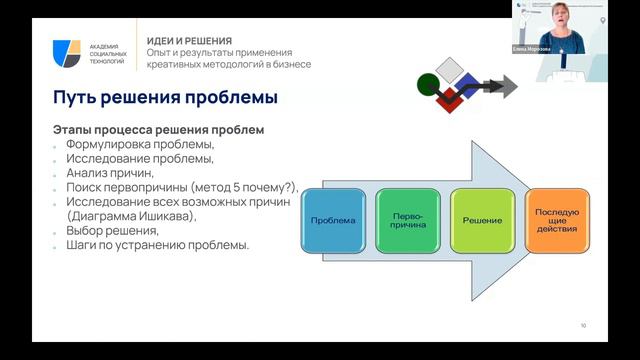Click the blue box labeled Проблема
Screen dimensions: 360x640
(x=332, y=219)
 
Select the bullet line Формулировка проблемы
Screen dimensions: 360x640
(x=139, y=144)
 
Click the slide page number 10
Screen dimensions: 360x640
(x=583, y=326)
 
